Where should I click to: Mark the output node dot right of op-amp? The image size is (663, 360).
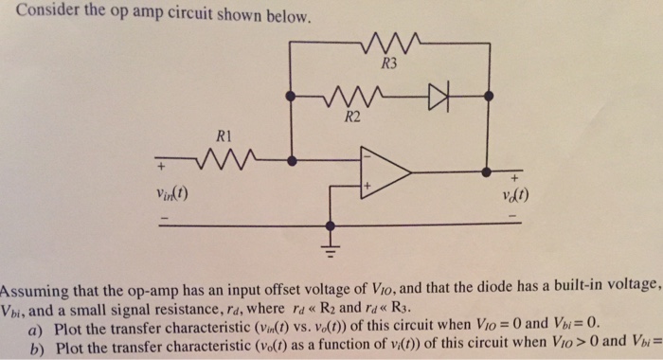(487, 173)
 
